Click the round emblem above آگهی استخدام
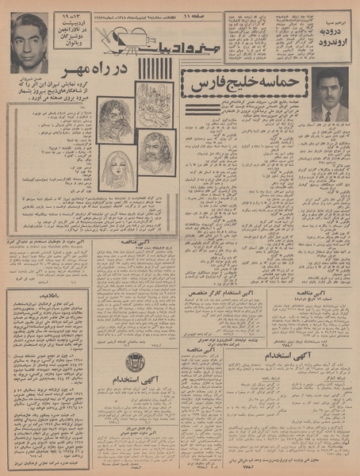(x=135, y=362)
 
